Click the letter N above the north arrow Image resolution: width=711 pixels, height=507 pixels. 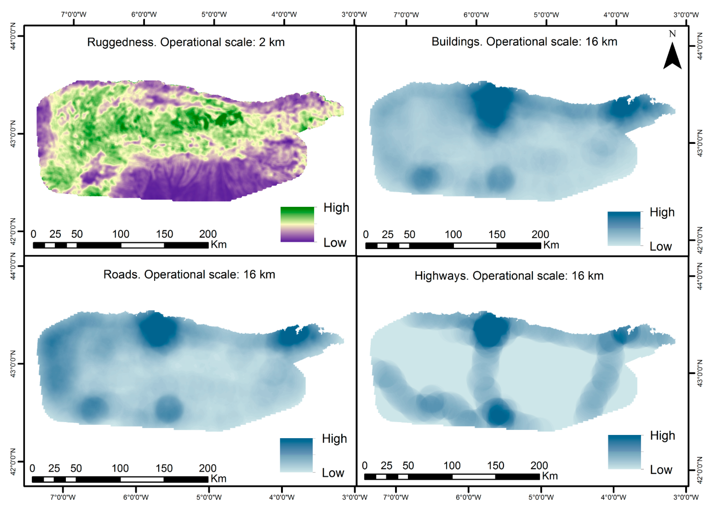672,34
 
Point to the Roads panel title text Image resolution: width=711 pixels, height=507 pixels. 189,274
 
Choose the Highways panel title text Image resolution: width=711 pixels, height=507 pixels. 509,276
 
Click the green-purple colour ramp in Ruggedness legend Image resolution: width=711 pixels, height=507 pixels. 297,224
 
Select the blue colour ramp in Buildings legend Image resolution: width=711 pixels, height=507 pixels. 624,229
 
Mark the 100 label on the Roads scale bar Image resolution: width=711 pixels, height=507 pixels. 120,468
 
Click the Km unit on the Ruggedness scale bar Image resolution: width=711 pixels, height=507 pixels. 218,244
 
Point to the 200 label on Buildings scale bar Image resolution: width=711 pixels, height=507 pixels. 540,234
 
